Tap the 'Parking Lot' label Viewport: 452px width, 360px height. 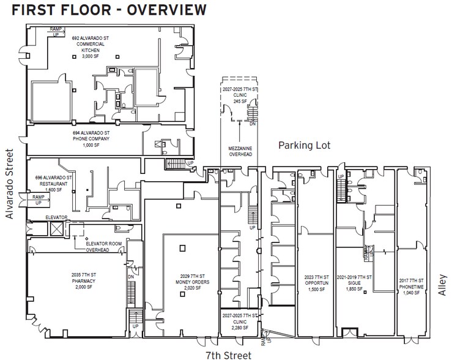point(304,145)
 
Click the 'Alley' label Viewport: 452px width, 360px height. point(443,284)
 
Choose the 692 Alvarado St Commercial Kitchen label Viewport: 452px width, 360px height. point(90,48)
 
